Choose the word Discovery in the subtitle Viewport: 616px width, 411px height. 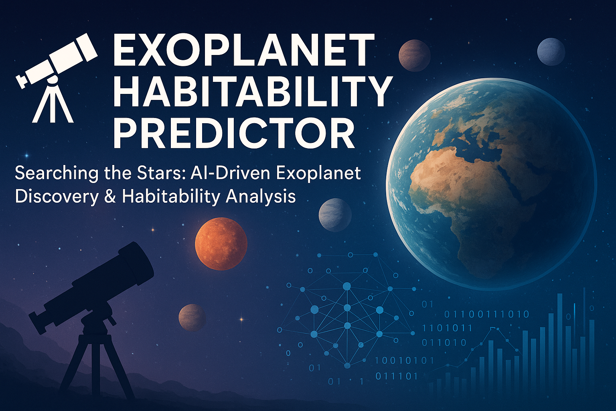[56, 197]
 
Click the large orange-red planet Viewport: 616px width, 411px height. [221, 244]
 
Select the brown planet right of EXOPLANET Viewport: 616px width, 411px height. [414, 55]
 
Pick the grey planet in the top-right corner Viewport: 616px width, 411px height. [551, 52]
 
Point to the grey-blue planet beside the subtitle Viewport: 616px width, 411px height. [335, 215]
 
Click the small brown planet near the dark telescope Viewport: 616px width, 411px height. [192, 317]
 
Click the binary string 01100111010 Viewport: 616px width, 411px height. [486, 314]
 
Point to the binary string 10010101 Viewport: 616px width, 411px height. [404, 361]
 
